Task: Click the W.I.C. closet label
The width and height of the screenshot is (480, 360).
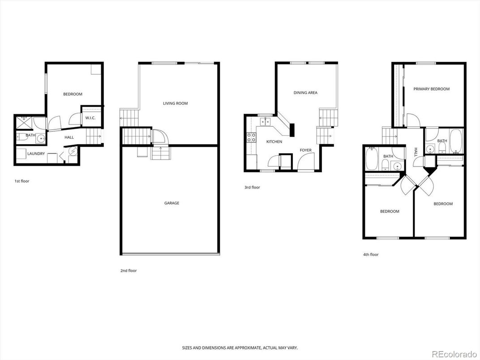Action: pos(89,118)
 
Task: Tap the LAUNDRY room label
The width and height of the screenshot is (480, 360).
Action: pos(36,154)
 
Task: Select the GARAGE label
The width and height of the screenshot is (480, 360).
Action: pos(171,203)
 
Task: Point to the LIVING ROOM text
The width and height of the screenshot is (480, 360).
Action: pos(175,103)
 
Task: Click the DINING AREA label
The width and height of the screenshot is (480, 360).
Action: pos(305,93)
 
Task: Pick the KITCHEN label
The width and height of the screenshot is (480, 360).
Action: pos(274,141)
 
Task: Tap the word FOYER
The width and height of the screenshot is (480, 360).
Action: pos(305,150)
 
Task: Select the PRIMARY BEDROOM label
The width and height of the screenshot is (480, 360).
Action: pos(431,89)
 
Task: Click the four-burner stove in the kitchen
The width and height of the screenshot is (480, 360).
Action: pos(251,137)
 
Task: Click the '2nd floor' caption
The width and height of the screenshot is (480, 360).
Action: pos(129,271)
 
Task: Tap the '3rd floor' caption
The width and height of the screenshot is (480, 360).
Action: pos(252,188)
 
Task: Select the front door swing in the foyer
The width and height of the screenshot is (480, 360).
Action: pos(307,161)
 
